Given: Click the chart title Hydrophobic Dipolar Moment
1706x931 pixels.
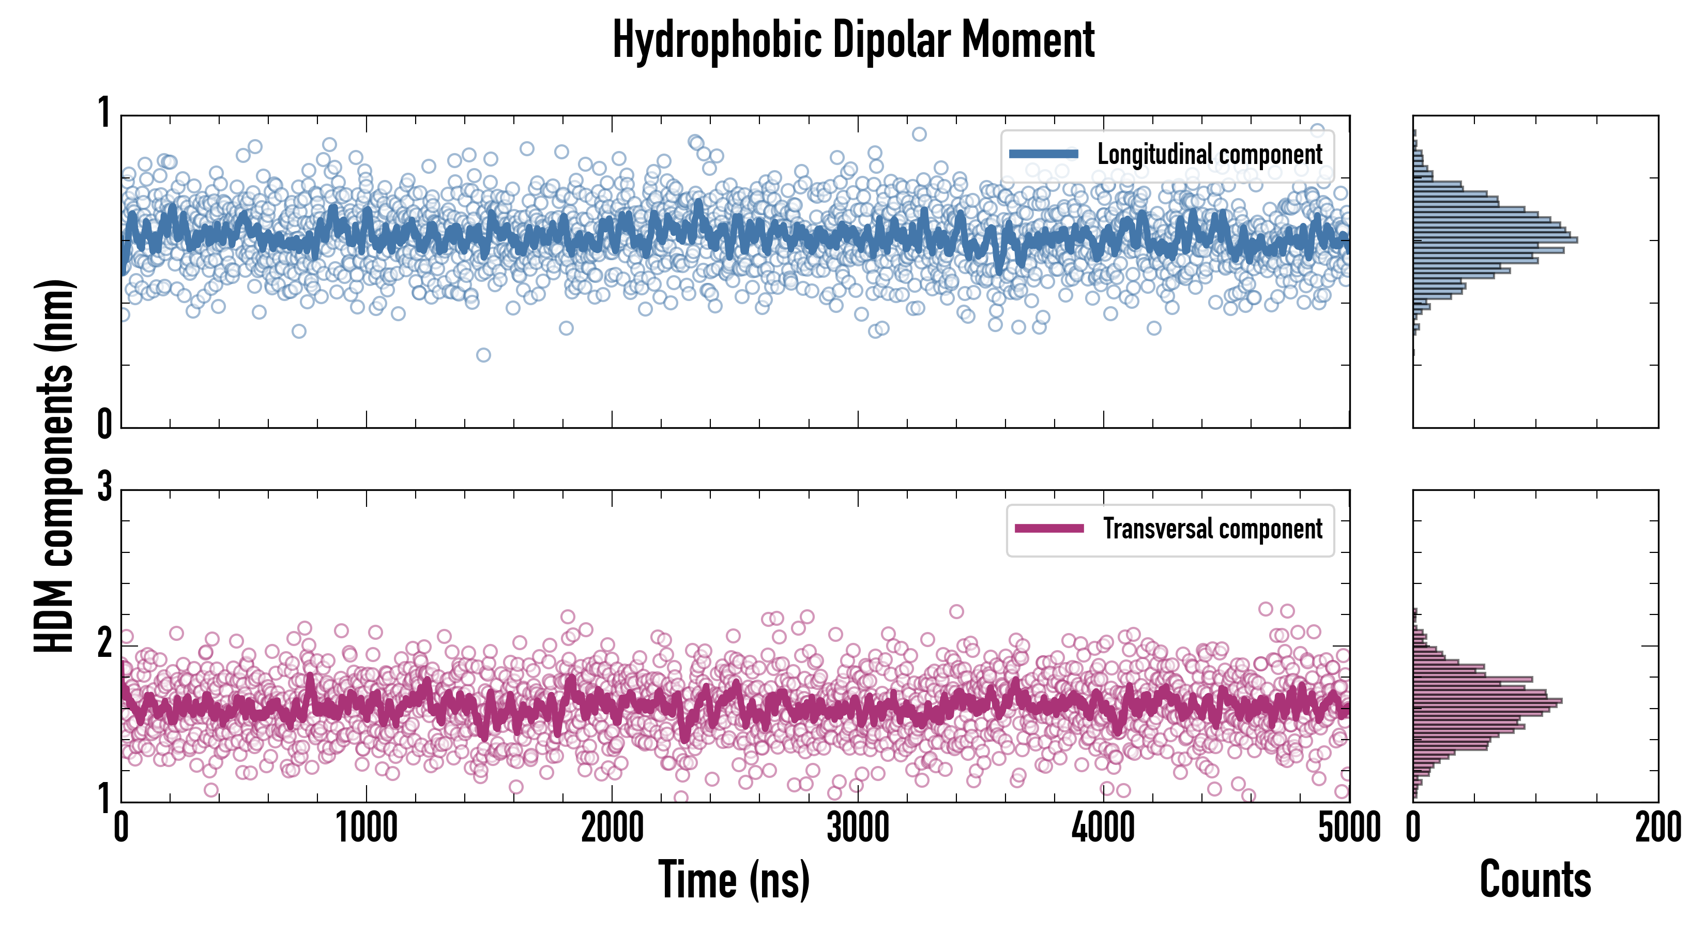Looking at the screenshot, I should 853,40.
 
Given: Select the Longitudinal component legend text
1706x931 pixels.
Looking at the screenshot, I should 1209,155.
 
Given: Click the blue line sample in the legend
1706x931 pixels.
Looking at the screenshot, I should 1043,155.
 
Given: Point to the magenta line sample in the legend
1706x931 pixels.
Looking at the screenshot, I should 1049,529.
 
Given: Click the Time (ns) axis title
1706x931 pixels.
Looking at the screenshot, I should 734,880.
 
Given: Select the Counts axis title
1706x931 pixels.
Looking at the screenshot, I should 1534,880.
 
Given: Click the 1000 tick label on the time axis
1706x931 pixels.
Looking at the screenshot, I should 366,828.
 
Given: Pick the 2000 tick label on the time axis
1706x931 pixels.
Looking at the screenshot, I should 612,828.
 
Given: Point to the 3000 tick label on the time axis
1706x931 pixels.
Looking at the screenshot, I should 858,828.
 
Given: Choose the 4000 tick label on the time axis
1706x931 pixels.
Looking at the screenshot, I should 1103,828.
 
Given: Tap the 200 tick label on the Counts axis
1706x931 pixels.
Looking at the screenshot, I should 1657,828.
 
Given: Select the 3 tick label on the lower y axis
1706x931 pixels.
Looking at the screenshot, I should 104,488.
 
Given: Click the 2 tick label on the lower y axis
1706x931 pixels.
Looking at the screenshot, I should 104,643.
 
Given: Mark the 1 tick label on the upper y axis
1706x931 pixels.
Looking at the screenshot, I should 104,113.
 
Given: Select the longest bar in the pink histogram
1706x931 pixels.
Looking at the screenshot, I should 1487,700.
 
